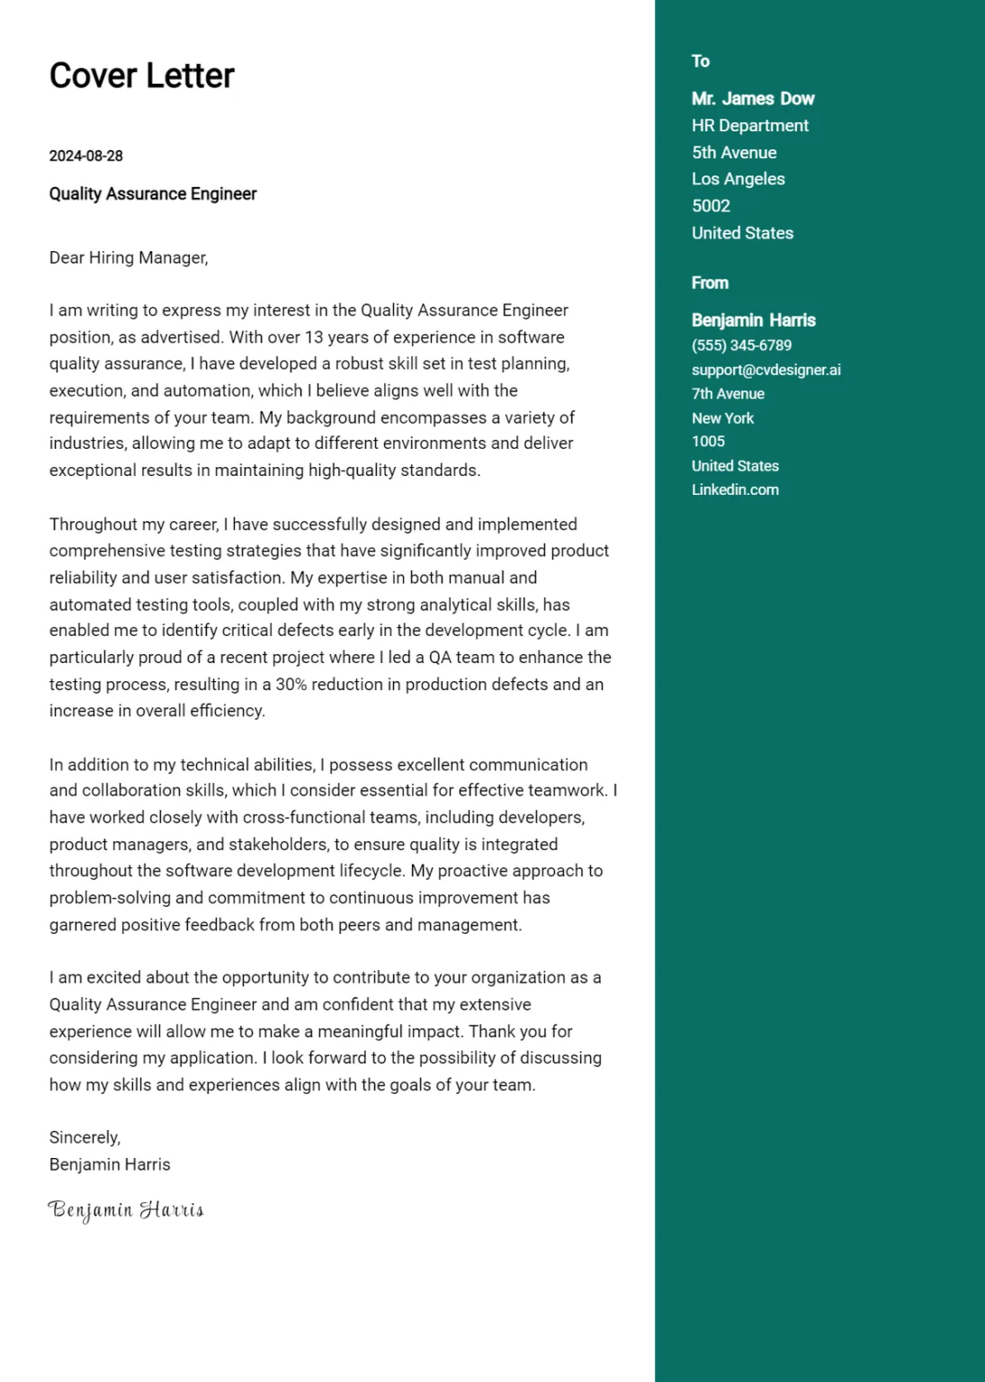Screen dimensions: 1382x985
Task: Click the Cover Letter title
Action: (x=141, y=76)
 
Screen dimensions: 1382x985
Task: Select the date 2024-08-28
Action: (x=85, y=156)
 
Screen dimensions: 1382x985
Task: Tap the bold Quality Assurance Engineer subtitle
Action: (x=153, y=194)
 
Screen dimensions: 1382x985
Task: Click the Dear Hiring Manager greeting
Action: (x=129, y=258)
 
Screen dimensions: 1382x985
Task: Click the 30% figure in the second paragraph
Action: (x=291, y=685)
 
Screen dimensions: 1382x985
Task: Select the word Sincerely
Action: (x=85, y=1137)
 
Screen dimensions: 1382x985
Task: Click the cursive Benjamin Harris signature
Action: (x=126, y=1210)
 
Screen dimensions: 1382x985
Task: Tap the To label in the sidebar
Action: (x=701, y=61)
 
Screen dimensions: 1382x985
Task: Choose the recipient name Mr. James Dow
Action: (x=753, y=99)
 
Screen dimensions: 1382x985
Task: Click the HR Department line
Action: (x=750, y=126)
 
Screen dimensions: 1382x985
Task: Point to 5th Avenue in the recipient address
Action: (x=734, y=153)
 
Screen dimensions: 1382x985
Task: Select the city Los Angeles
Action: (x=739, y=179)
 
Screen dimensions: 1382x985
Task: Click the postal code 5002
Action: (x=711, y=206)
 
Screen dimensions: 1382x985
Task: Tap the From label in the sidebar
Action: (x=710, y=283)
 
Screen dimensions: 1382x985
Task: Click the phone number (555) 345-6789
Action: (x=741, y=345)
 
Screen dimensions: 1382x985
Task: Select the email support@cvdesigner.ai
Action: (x=766, y=370)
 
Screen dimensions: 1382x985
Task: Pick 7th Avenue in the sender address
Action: (x=728, y=394)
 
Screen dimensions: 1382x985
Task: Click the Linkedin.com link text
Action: (x=735, y=490)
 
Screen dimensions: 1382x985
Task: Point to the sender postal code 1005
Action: (x=708, y=442)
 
